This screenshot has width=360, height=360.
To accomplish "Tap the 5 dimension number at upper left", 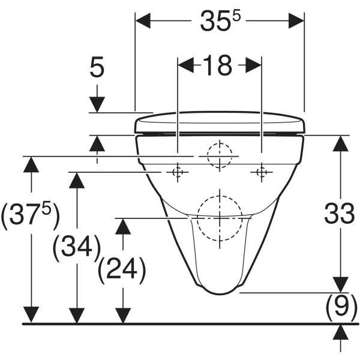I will (97, 68).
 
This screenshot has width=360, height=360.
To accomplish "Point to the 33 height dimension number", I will (340, 214).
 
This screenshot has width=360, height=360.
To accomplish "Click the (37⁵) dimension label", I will (30, 216).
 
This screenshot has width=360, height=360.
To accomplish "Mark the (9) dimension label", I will (341, 308).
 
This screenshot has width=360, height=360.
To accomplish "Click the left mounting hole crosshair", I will (177, 173).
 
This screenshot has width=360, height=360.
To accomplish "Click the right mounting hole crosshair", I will (261, 173).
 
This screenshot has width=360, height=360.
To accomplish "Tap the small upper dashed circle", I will (219, 156).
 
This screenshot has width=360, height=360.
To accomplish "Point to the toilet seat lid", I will (221, 122).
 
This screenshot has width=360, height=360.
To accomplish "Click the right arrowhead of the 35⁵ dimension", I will (298, 20).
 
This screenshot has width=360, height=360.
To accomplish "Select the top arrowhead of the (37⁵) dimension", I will (30, 163).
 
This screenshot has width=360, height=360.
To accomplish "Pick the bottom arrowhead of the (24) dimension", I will (122, 316).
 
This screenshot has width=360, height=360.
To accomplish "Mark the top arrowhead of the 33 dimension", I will (340, 143).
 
